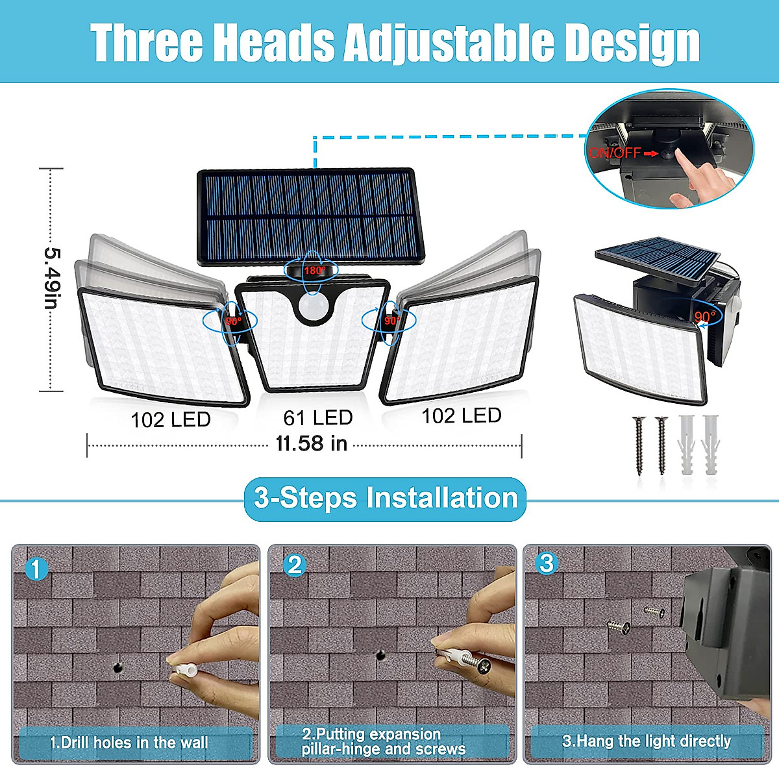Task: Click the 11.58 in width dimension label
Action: click(x=311, y=444)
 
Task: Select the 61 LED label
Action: click(x=318, y=417)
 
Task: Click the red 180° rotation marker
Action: click(x=315, y=270)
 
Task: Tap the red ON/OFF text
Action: click(x=614, y=153)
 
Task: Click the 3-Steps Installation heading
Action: click(x=386, y=499)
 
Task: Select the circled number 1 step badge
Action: click(x=36, y=569)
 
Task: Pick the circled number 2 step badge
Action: click(x=295, y=565)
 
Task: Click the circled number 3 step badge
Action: click(x=547, y=563)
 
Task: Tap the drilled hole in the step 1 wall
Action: click(x=118, y=665)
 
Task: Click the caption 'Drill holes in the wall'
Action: click(x=129, y=743)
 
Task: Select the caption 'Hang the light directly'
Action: click(x=647, y=741)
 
